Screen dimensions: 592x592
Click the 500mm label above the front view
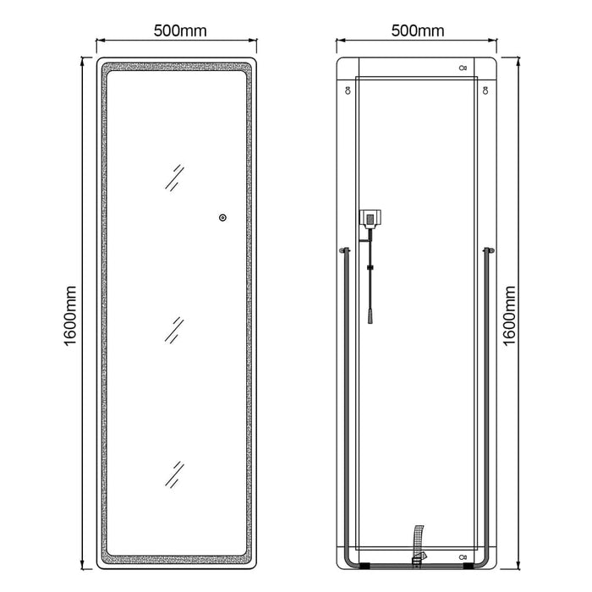[x=180, y=30]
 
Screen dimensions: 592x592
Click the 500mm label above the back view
[x=418, y=30]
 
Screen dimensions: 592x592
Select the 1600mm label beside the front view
[x=70, y=315]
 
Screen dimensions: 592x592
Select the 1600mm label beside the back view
[x=509, y=315]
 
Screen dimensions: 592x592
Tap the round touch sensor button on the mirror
[x=222, y=217]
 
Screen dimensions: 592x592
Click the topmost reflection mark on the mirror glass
[x=174, y=178]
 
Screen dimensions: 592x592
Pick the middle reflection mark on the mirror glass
[x=174, y=331]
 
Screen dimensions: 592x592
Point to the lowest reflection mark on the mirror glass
[x=174, y=474]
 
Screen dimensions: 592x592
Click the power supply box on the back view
[x=370, y=219]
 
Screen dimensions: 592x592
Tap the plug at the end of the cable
[x=371, y=316]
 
